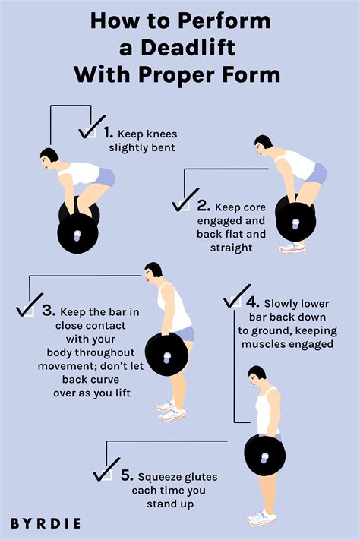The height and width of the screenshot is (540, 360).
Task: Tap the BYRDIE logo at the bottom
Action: coord(46,523)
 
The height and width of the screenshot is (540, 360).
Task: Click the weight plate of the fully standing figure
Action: coord(265,456)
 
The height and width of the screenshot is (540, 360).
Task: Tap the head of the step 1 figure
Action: coord(51,158)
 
